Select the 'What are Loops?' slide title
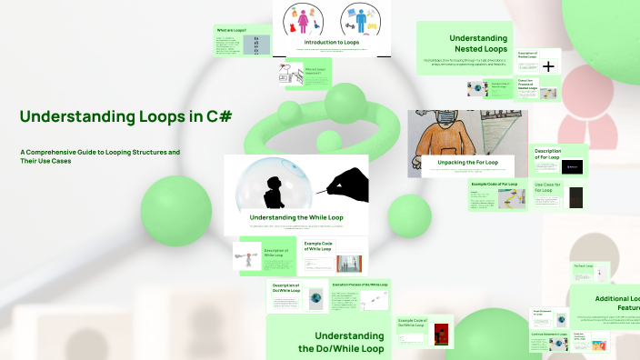coord(231,31)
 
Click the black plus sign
coord(549,65)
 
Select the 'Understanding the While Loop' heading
coord(295,218)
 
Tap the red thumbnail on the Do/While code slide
coord(443,333)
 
